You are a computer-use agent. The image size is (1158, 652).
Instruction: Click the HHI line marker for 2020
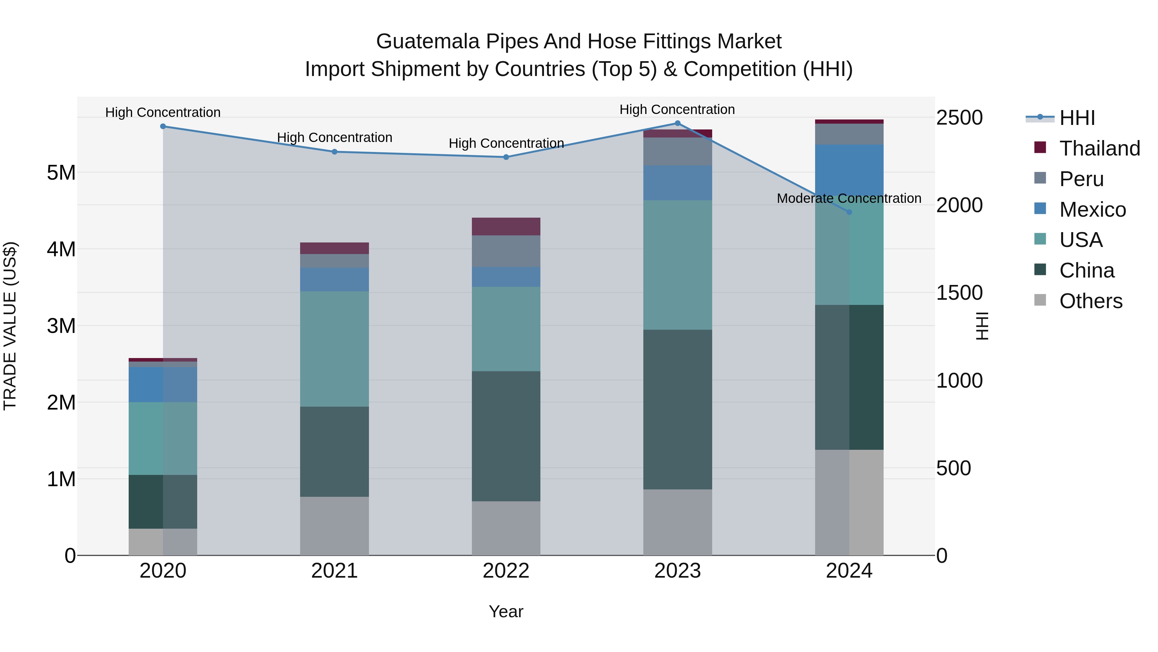point(163,127)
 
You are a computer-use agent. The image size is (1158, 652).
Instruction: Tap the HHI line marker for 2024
point(849,212)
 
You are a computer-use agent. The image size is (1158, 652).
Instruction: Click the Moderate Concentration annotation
point(849,198)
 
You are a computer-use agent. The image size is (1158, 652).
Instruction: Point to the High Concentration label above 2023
point(677,109)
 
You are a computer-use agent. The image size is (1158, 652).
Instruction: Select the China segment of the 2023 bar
point(677,410)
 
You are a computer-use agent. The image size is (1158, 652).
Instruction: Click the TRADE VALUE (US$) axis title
point(10,326)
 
